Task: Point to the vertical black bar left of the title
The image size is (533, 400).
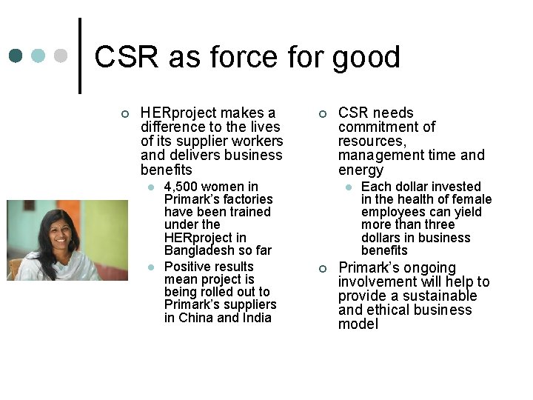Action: [80, 56]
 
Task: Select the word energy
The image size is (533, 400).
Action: [361, 170]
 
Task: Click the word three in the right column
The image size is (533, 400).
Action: [440, 224]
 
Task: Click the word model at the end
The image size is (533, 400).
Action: [358, 324]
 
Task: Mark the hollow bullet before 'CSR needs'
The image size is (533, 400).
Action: [322, 113]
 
